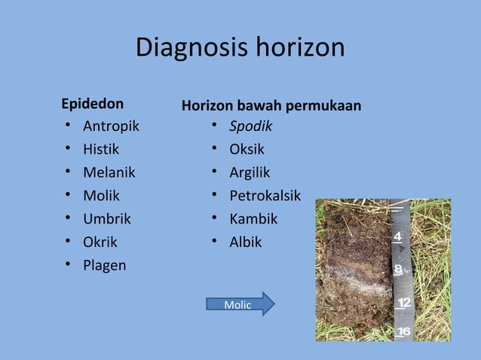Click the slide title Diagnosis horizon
[240, 48]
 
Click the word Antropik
[111, 126]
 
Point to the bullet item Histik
[101, 149]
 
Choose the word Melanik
[109, 172]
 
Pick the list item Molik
[101, 196]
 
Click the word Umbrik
[106, 219]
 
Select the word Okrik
[100, 243]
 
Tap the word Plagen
[104, 266]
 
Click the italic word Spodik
[250, 126]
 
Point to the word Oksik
[247, 149]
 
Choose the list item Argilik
[250, 172]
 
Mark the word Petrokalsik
[265, 196]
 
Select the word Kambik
[253, 219]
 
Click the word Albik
[246, 243]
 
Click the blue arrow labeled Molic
[240, 304]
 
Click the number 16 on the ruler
[404, 331]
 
